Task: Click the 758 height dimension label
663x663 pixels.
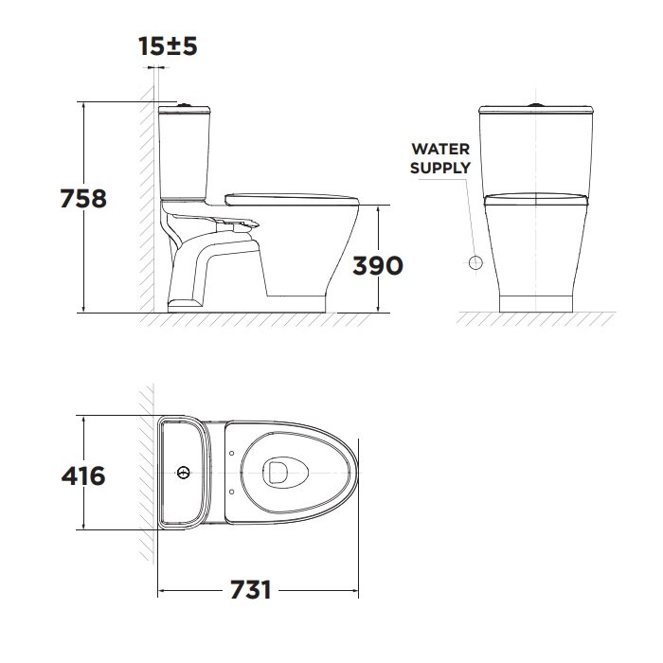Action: [x=83, y=198]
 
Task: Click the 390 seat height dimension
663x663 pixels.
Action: [x=378, y=265]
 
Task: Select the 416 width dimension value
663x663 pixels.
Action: [x=83, y=475]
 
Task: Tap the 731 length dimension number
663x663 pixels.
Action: [x=251, y=589]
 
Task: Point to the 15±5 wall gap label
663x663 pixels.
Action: [x=168, y=46]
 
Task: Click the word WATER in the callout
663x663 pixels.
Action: [x=440, y=149]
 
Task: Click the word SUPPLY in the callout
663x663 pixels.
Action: [x=440, y=168]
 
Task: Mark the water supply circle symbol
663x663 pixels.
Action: [x=475, y=262]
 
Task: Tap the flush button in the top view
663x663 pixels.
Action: [x=184, y=473]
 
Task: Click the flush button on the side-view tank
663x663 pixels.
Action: [x=184, y=104]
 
